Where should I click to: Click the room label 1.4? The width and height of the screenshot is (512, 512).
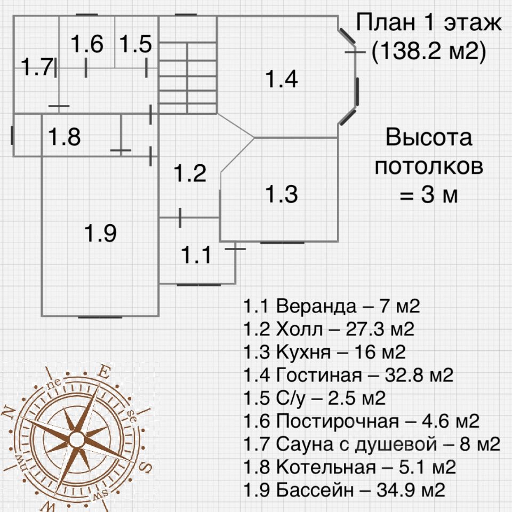(282, 80)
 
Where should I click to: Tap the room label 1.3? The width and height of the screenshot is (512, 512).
(282, 194)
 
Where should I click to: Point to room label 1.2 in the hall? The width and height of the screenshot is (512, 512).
(190, 173)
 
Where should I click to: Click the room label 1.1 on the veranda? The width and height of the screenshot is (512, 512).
(197, 255)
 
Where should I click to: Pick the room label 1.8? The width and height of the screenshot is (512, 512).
(65, 137)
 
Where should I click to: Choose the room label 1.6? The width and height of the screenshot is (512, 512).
(87, 44)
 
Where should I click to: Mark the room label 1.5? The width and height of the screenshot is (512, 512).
(135, 44)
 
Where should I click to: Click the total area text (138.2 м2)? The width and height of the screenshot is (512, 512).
(428, 52)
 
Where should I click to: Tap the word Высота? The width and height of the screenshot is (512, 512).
(429, 138)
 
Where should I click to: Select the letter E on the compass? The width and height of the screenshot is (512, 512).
(105, 372)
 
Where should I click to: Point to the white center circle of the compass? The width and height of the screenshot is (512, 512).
(77, 440)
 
